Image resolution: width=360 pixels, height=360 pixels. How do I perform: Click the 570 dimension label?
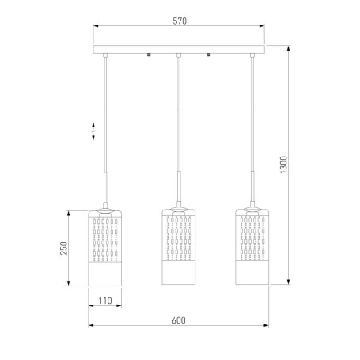pos(180,21)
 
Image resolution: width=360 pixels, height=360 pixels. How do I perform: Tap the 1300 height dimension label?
pos(283,165)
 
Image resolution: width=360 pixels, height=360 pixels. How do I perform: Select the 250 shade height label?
pos(64,248)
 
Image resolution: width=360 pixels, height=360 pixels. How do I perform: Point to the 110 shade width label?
pos(105,301)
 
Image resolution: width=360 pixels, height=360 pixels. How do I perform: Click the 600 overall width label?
pos(179,320)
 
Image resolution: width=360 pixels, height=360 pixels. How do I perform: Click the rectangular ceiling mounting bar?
pos(179,49)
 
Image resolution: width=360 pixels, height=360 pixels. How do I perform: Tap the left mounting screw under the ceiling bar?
pos(149,55)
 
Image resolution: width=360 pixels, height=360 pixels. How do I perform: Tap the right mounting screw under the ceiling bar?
pos(209,55)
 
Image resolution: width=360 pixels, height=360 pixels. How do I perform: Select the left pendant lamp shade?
pos(105,248)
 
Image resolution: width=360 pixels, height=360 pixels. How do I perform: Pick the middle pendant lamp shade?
pos(179,247)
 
